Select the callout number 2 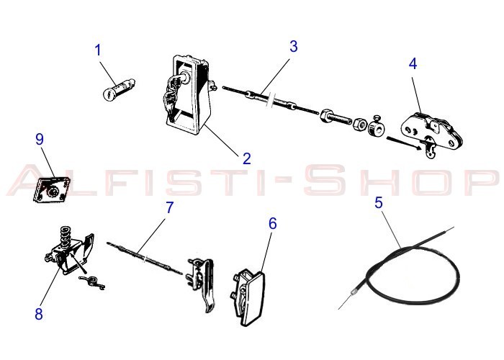[246, 158]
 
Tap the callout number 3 [294, 47]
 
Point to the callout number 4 [413, 63]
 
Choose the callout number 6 [272, 223]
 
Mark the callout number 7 [170, 207]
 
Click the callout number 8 [38, 313]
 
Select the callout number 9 [40, 139]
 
